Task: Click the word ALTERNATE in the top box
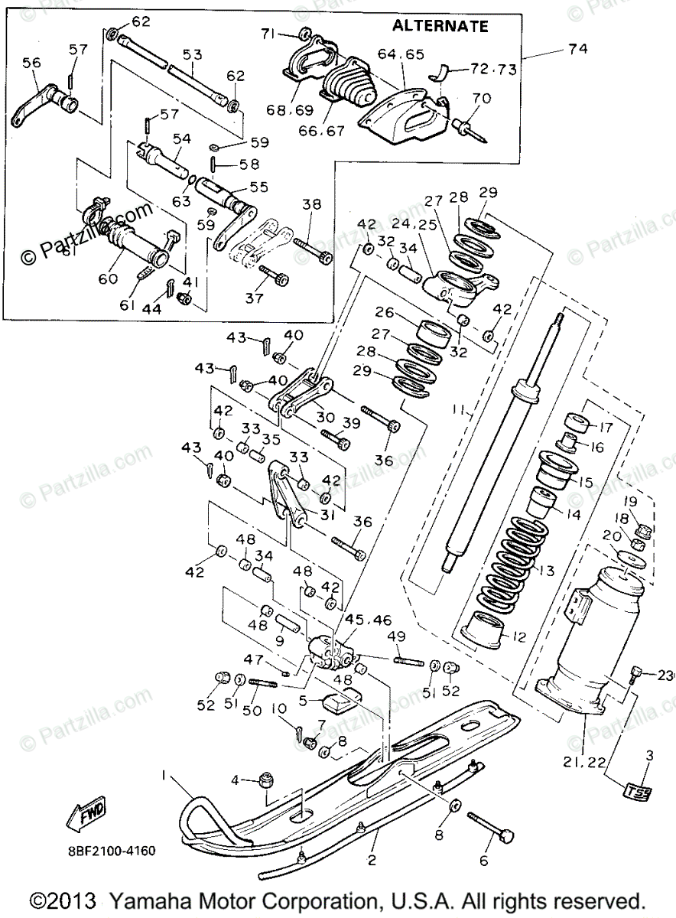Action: pos(440,26)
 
